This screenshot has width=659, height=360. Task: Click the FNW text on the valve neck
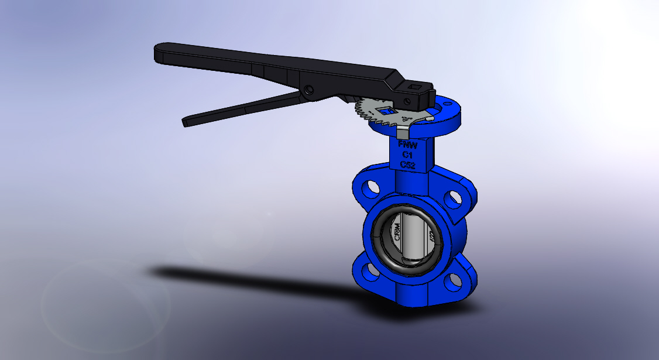(404, 144)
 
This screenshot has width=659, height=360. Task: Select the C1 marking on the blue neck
(407, 155)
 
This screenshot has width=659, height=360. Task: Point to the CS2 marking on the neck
(408, 166)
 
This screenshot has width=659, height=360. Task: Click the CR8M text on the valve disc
(397, 235)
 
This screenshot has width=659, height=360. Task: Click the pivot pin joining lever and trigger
(308, 90)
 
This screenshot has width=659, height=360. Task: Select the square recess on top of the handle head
(417, 88)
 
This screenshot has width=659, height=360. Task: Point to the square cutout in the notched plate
(386, 110)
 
